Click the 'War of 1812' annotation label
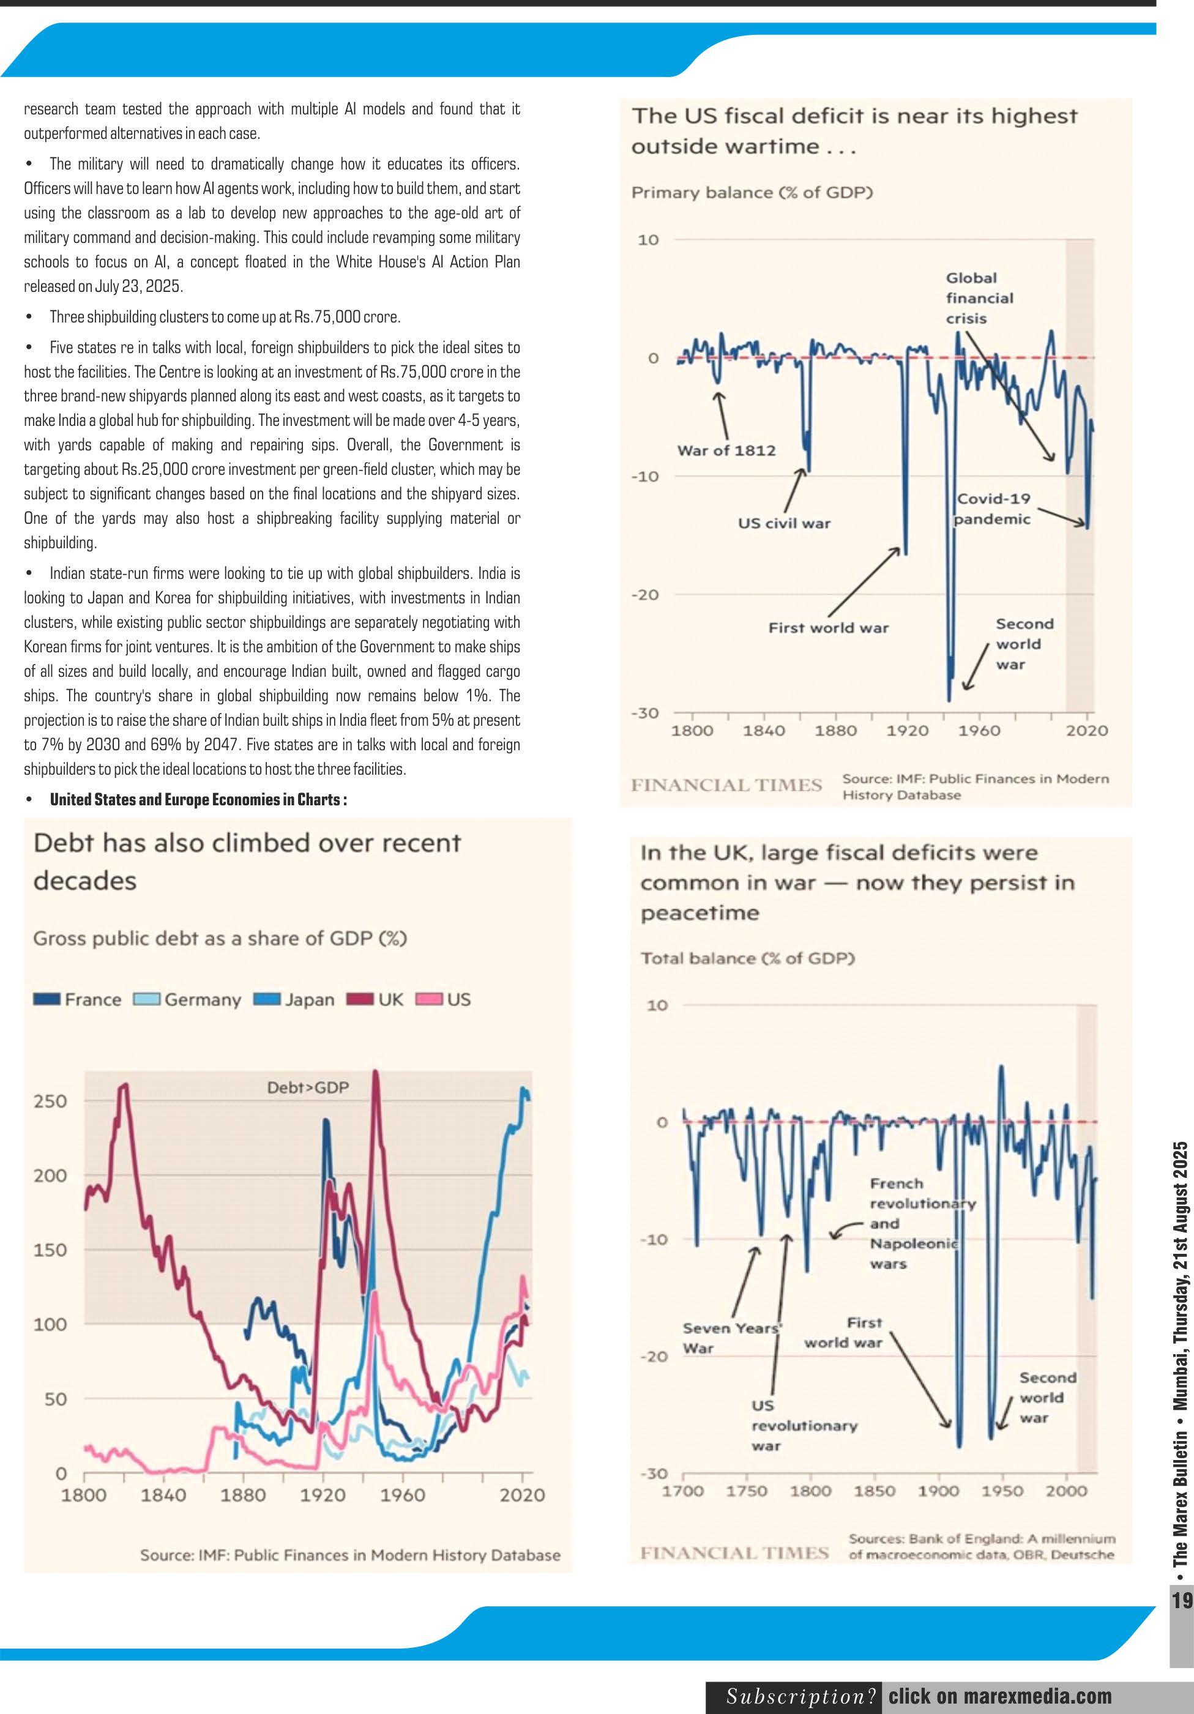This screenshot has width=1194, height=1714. (726, 450)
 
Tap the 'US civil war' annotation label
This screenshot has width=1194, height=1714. (783, 523)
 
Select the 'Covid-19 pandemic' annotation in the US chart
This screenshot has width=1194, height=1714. (993, 509)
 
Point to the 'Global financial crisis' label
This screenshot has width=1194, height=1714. (979, 298)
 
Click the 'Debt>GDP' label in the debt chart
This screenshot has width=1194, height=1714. (308, 1087)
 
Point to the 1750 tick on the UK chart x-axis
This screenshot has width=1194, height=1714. (747, 1491)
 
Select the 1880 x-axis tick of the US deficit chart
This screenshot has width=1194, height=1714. (835, 730)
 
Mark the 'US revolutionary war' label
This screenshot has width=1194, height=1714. (804, 1426)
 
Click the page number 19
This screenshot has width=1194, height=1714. (1181, 1601)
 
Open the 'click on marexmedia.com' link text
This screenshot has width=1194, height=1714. (1000, 1696)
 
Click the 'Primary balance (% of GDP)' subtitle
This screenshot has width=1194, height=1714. (752, 193)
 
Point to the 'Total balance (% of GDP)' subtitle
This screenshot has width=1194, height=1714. (747, 958)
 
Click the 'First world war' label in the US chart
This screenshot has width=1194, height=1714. (828, 628)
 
